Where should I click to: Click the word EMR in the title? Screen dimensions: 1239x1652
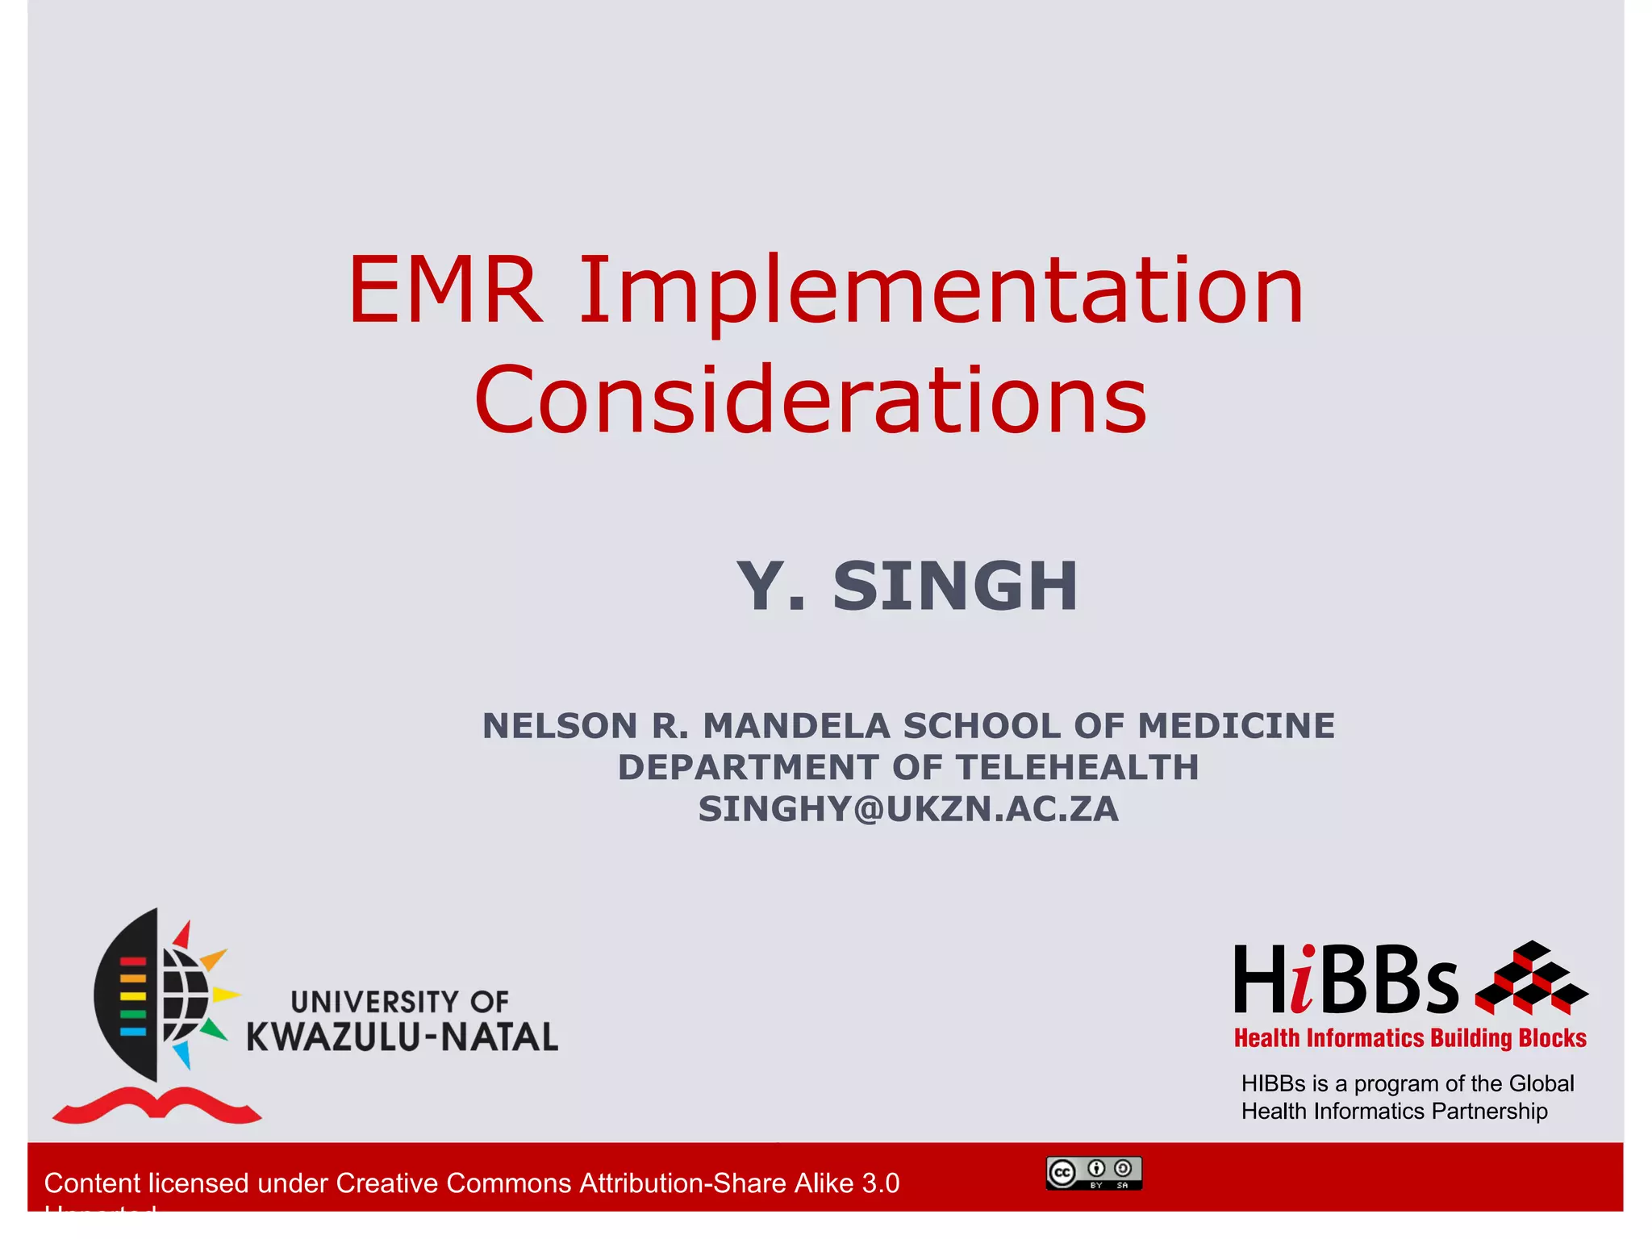pyautogui.click(x=445, y=290)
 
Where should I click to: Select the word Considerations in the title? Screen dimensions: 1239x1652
pyautogui.click(x=811, y=401)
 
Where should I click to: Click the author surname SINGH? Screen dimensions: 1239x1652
pyautogui.click(x=955, y=586)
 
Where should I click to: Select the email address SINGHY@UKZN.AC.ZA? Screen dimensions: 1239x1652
pyautogui.click(x=908, y=809)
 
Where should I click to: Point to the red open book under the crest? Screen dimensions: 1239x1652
pyautogui.click(x=156, y=1105)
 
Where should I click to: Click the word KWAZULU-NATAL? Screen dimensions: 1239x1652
pyautogui.click(x=402, y=1037)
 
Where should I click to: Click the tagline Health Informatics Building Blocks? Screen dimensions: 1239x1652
pyautogui.click(x=1410, y=1038)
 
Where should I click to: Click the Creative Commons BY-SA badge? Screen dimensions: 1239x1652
pyautogui.click(x=1094, y=1173)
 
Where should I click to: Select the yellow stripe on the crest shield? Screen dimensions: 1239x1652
pyautogui.click(x=133, y=996)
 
